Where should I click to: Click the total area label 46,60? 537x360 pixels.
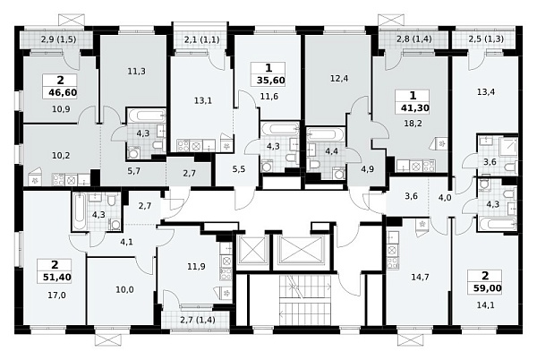pos(60,92)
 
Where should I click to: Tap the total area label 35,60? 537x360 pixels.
pos(270,81)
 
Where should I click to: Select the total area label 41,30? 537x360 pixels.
pos(414,107)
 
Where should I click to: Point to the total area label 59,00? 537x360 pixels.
pos(488,287)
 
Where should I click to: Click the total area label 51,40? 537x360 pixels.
pos(57,277)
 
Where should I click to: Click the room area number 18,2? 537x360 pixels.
pos(414,123)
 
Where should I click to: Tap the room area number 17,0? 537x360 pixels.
pos(57,295)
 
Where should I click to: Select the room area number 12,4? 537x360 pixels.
pos(339,79)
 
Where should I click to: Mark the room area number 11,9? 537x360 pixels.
pos(197,266)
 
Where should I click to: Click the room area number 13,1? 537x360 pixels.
pos(203,100)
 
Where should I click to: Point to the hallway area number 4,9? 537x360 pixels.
pos(366,169)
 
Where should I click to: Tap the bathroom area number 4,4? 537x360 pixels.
pos(331,150)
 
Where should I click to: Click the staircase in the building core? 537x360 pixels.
pos(305,299)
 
